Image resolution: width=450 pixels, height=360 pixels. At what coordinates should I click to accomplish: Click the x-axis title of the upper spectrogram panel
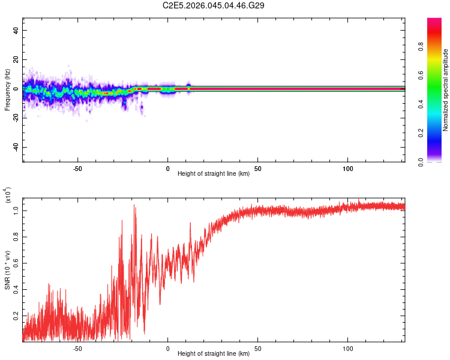coord(214,174)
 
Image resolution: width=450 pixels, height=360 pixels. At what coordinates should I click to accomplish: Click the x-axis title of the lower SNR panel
coord(214,353)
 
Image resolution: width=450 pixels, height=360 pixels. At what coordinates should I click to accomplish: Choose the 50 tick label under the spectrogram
coord(257,168)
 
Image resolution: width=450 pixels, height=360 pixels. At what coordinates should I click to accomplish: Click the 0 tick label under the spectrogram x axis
coord(167,168)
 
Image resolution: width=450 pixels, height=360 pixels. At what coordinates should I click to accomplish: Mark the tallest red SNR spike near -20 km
coord(134,206)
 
